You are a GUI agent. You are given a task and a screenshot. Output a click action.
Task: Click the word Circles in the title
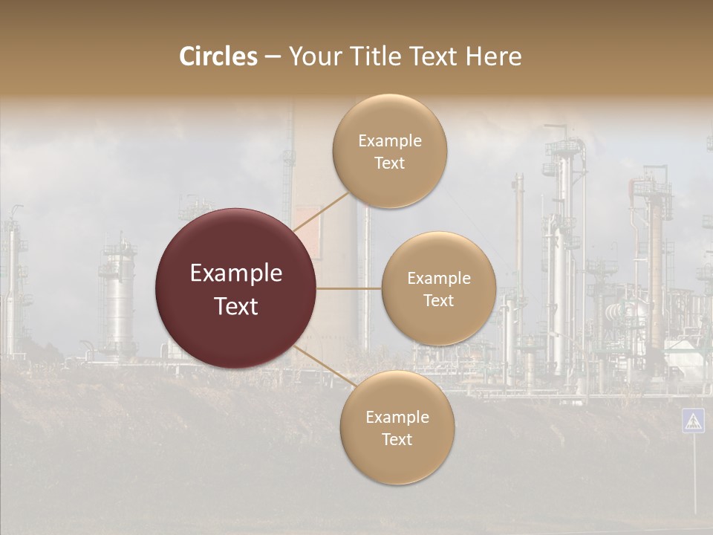(218, 56)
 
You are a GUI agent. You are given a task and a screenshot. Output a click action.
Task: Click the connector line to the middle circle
(349, 288)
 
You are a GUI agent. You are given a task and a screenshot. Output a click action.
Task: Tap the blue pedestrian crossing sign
(693, 421)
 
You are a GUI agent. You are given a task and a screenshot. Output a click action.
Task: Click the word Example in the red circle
(236, 273)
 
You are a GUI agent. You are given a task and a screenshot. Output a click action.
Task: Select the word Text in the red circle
(236, 306)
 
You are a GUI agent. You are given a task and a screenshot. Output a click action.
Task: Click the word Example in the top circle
(390, 141)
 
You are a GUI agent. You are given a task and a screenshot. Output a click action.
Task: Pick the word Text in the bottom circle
(397, 440)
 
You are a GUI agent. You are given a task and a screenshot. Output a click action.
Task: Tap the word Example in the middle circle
(439, 279)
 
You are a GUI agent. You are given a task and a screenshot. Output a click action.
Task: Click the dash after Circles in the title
(273, 57)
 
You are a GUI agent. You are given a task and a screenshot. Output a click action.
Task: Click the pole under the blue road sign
(694, 476)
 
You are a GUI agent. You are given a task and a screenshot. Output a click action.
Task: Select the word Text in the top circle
(389, 163)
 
